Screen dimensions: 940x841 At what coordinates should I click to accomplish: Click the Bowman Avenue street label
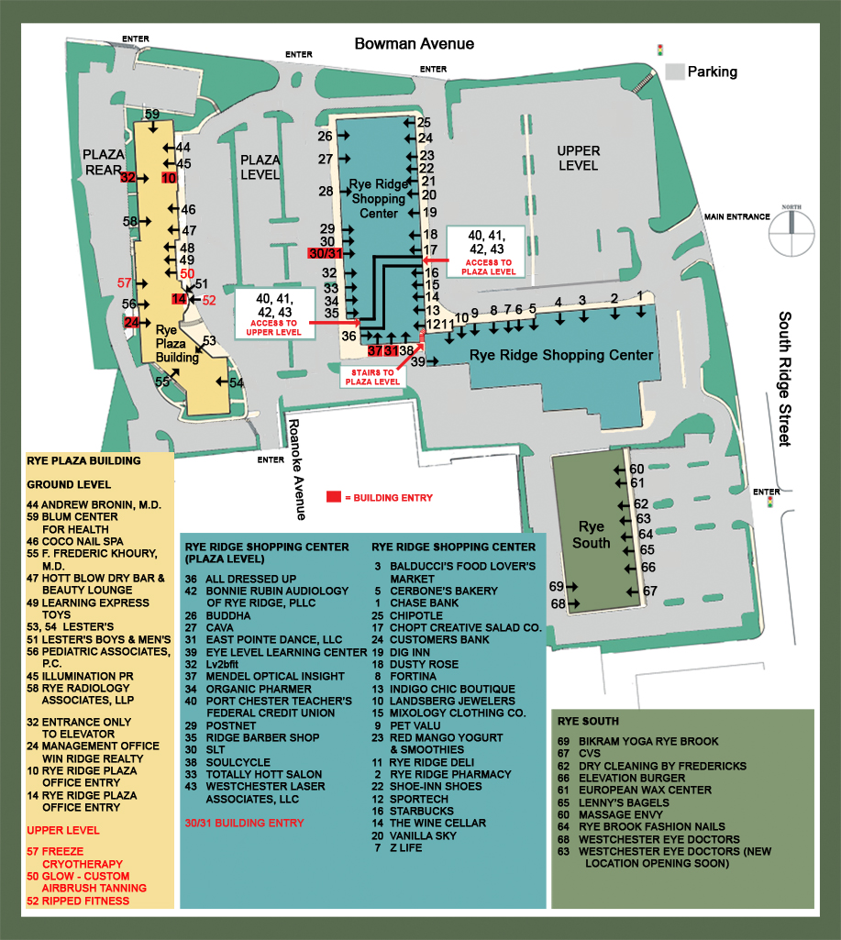click(x=415, y=44)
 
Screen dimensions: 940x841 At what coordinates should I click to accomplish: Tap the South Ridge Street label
click(x=785, y=379)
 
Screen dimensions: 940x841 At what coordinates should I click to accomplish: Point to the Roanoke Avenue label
click(x=295, y=456)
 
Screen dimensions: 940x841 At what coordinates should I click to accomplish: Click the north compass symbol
click(x=790, y=230)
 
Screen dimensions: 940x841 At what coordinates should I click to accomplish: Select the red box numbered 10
click(x=169, y=178)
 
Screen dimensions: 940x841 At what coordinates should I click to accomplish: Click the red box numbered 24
click(x=132, y=322)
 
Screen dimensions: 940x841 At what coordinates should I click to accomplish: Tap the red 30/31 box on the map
click(x=326, y=254)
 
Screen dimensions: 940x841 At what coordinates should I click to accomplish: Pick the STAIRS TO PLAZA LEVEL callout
click(x=372, y=376)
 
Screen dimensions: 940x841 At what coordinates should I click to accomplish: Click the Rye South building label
click(x=591, y=535)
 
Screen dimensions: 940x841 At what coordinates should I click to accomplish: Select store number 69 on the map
click(x=556, y=587)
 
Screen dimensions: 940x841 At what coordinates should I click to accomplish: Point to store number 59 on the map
click(x=152, y=114)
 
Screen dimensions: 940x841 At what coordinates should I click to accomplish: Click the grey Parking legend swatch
click(x=674, y=71)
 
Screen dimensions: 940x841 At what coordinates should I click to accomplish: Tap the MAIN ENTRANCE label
click(x=736, y=216)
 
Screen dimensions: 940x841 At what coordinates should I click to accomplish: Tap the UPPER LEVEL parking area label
click(x=578, y=158)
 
